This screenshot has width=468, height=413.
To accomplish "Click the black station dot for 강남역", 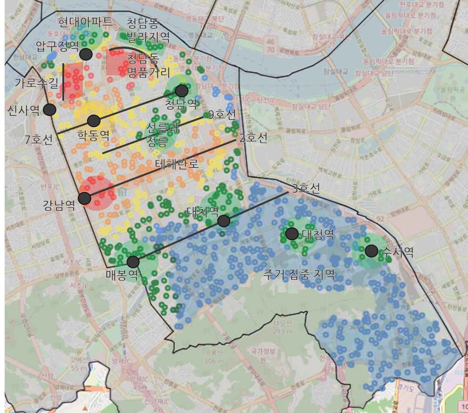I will (x=84, y=198).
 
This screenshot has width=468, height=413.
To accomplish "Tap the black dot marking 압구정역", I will (x=86, y=54).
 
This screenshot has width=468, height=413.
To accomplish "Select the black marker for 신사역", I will (x=49, y=109).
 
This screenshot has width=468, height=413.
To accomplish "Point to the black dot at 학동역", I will (x=94, y=121).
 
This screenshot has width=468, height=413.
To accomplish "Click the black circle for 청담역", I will (x=181, y=90).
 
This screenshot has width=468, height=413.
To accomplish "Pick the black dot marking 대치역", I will (x=224, y=221).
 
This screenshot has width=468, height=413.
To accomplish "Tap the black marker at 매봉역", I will (x=133, y=262).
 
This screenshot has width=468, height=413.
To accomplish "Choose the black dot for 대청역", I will (x=292, y=233).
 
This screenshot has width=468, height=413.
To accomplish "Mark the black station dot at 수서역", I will (x=371, y=251).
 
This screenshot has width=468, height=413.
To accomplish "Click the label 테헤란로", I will (x=177, y=163).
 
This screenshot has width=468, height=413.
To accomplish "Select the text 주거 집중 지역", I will (x=299, y=274).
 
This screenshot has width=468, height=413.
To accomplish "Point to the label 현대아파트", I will (x=86, y=21).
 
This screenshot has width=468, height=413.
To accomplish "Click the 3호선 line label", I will (x=306, y=189).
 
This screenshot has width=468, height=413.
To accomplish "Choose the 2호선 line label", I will (x=253, y=138).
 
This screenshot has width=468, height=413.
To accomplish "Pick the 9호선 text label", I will (x=222, y=114).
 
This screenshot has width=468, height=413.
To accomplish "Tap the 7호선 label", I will (x=39, y=139).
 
